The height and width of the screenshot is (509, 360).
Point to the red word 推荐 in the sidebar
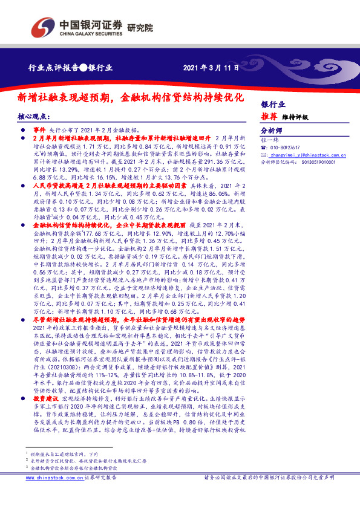point(270,117)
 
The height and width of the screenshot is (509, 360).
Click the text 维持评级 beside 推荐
point(296,117)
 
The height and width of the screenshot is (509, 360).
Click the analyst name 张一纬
point(269,140)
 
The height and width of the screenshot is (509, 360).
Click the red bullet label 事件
point(39,130)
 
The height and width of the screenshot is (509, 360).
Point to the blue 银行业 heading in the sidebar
point(273,104)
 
